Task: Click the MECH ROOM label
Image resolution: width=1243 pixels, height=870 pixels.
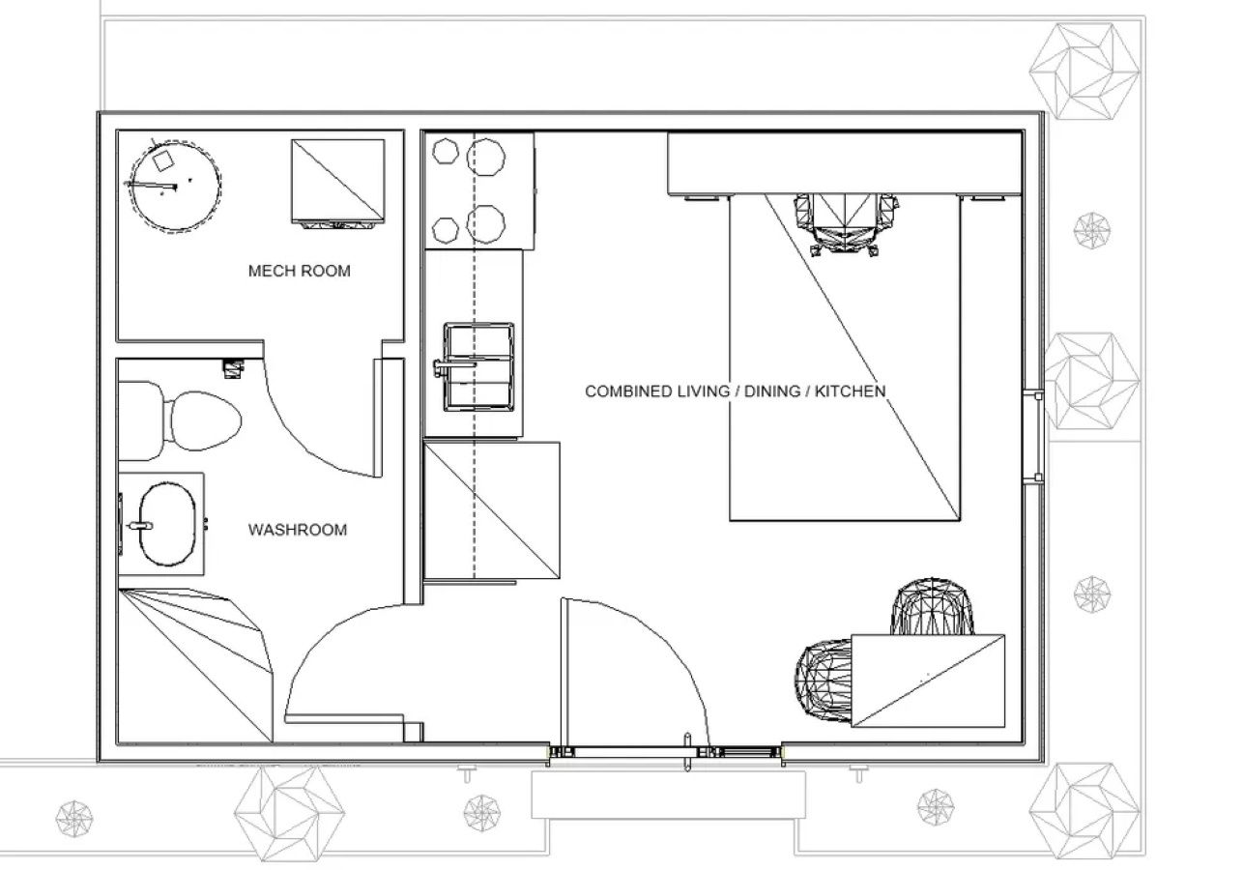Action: pyautogui.click(x=299, y=271)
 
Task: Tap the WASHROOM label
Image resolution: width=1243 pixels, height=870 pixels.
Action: pyautogui.click(x=298, y=530)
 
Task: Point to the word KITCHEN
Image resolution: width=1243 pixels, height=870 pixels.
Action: pyautogui.click(x=850, y=391)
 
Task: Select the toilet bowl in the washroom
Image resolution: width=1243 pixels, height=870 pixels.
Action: pyautogui.click(x=204, y=420)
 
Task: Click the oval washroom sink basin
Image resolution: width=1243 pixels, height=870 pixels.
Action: pyautogui.click(x=167, y=524)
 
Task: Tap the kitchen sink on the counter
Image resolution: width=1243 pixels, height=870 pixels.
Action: pyautogui.click(x=478, y=366)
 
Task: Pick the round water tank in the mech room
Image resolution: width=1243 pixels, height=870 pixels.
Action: pyautogui.click(x=174, y=186)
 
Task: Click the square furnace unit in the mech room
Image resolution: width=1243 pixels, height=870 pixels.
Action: pyautogui.click(x=338, y=182)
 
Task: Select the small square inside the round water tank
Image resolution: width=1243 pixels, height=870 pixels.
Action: pyautogui.click(x=163, y=160)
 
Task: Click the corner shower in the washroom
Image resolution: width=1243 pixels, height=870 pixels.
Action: pyautogui.click(x=195, y=666)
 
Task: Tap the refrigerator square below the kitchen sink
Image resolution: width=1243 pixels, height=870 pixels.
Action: pyautogui.click(x=492, y=510)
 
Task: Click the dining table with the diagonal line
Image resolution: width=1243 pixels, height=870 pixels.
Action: pyautogui.click(x=928, y=681)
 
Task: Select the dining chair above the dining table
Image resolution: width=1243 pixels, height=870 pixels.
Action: pyautogui.click(x=932, y=606)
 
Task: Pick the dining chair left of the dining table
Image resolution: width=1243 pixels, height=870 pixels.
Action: pyautogui.click(x=824, y=681)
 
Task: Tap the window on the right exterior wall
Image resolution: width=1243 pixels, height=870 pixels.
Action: pyautogui.click(x=1033, y=437)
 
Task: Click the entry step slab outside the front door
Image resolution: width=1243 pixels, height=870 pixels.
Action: pyautogui.click(x=668, y=795)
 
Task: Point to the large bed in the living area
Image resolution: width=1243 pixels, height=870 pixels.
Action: pyautogui.click(x=845, y=358)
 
